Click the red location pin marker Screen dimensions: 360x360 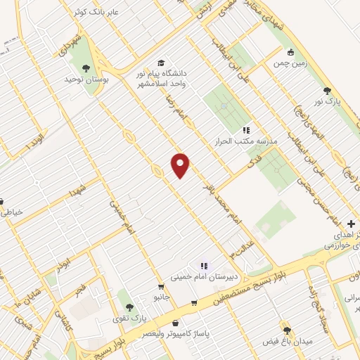(181, 165)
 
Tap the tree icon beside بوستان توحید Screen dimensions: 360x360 (86, 68)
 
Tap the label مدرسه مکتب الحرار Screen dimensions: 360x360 (249, 141)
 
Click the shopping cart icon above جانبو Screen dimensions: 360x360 (161, 287)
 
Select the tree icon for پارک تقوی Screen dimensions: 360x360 (129, 307)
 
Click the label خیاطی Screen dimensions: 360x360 (13, 211)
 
